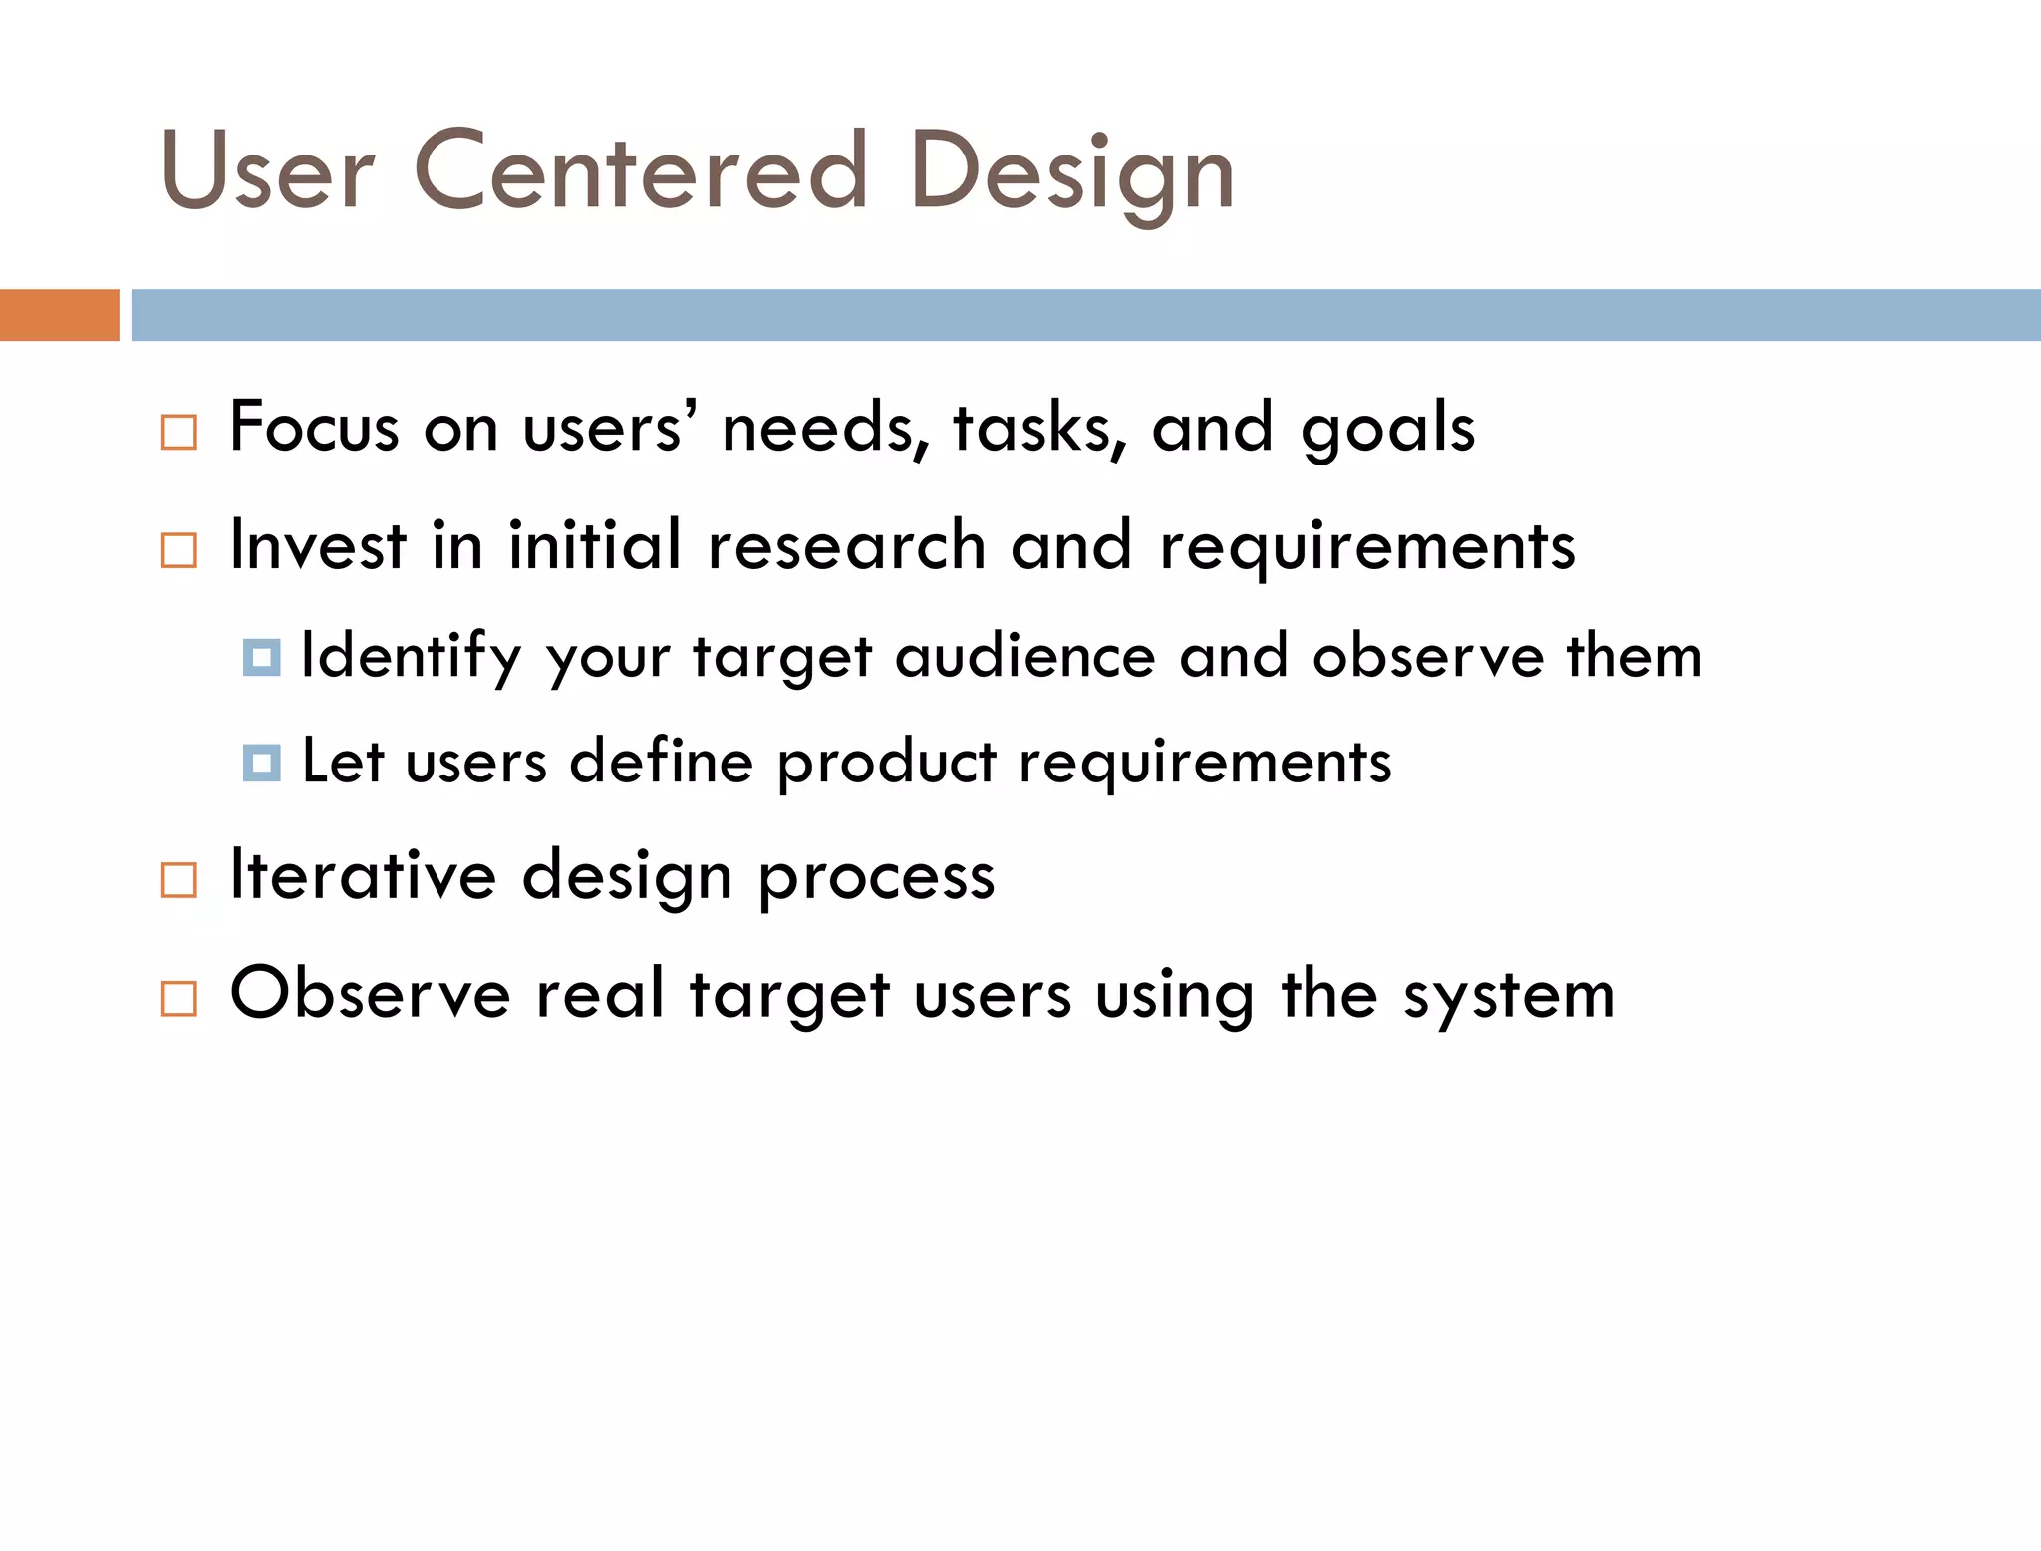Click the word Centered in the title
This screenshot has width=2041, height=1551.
coord(640,171)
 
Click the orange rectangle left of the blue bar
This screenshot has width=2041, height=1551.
coord(59,315)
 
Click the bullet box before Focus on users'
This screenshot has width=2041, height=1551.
coord(179,433)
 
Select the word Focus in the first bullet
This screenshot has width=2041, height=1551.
coord(314,428)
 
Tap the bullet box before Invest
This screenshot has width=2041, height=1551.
coord(179,550)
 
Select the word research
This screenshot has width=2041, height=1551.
coord(846,546)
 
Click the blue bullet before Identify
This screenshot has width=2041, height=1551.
coord(261,658)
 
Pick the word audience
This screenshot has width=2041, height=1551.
coord(1025,657)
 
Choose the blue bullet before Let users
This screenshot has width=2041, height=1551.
coord(261,764)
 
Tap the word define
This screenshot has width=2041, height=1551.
coord(661,762)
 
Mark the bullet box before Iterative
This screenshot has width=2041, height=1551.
coord(179,880)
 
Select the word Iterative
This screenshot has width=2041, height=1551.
coord(363,875)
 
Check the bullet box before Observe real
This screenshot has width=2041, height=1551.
coord(179,998)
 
